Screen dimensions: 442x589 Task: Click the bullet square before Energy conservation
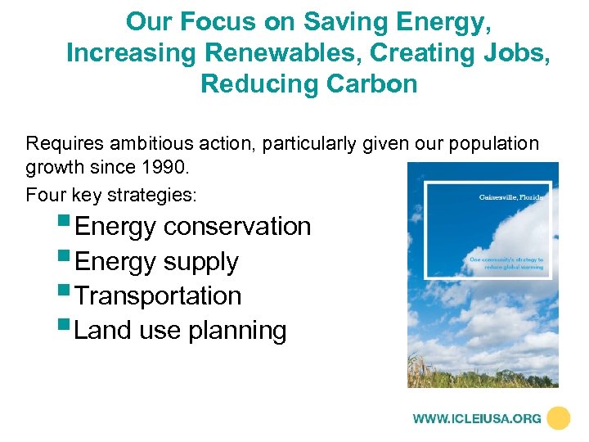click(x=65, y=220)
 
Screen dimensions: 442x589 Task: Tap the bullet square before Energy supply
click(x=65, y=255)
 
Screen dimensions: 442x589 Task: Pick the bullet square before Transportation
click(x=65, y=290)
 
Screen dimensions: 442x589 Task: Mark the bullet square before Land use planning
click(x=65, y=324)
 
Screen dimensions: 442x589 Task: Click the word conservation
click(x=237, y=227)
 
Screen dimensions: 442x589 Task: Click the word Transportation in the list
click(x=158, y=295)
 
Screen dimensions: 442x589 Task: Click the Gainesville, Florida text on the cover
click(x=510, y=197)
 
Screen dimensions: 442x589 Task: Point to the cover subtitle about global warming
click(x=506, y=264)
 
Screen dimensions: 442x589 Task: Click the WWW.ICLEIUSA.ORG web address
click(x=477, y=418)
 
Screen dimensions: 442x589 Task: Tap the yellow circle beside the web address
click(x=559, y=418)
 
